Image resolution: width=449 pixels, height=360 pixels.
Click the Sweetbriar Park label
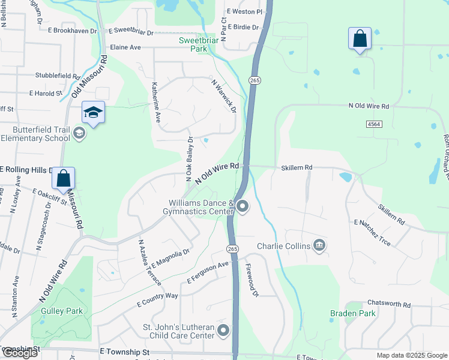click(x=197, y=44)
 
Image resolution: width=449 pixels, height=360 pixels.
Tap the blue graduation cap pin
click(x=94, y=113)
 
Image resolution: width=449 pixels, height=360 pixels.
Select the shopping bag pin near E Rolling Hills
click(x=64, y=179)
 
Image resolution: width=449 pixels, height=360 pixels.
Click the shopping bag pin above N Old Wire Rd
click(x=360, y=39)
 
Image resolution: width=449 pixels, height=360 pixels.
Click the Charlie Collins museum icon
click(x=320, y=245)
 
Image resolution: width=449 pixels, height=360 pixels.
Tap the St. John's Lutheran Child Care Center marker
click(x=223, y=331)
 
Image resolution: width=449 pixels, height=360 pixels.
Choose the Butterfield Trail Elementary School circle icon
click(x=79, y=133)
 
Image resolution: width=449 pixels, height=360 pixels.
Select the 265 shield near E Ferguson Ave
click(x=233, y=248)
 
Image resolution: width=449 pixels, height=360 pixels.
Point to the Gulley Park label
click(x=61, y=311)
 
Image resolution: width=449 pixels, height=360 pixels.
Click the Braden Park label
click(x=353, y=313)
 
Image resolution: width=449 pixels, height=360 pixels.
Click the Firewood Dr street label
click(x=252, y=282)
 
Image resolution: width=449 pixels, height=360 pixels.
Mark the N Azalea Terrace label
click(x=149, y=262)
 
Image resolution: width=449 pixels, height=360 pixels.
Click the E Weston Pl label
click(x=244, y=12)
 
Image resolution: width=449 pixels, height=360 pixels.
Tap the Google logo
click(x=19, y=353)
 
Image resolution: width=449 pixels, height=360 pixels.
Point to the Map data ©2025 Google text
click(x=411, y=355)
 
